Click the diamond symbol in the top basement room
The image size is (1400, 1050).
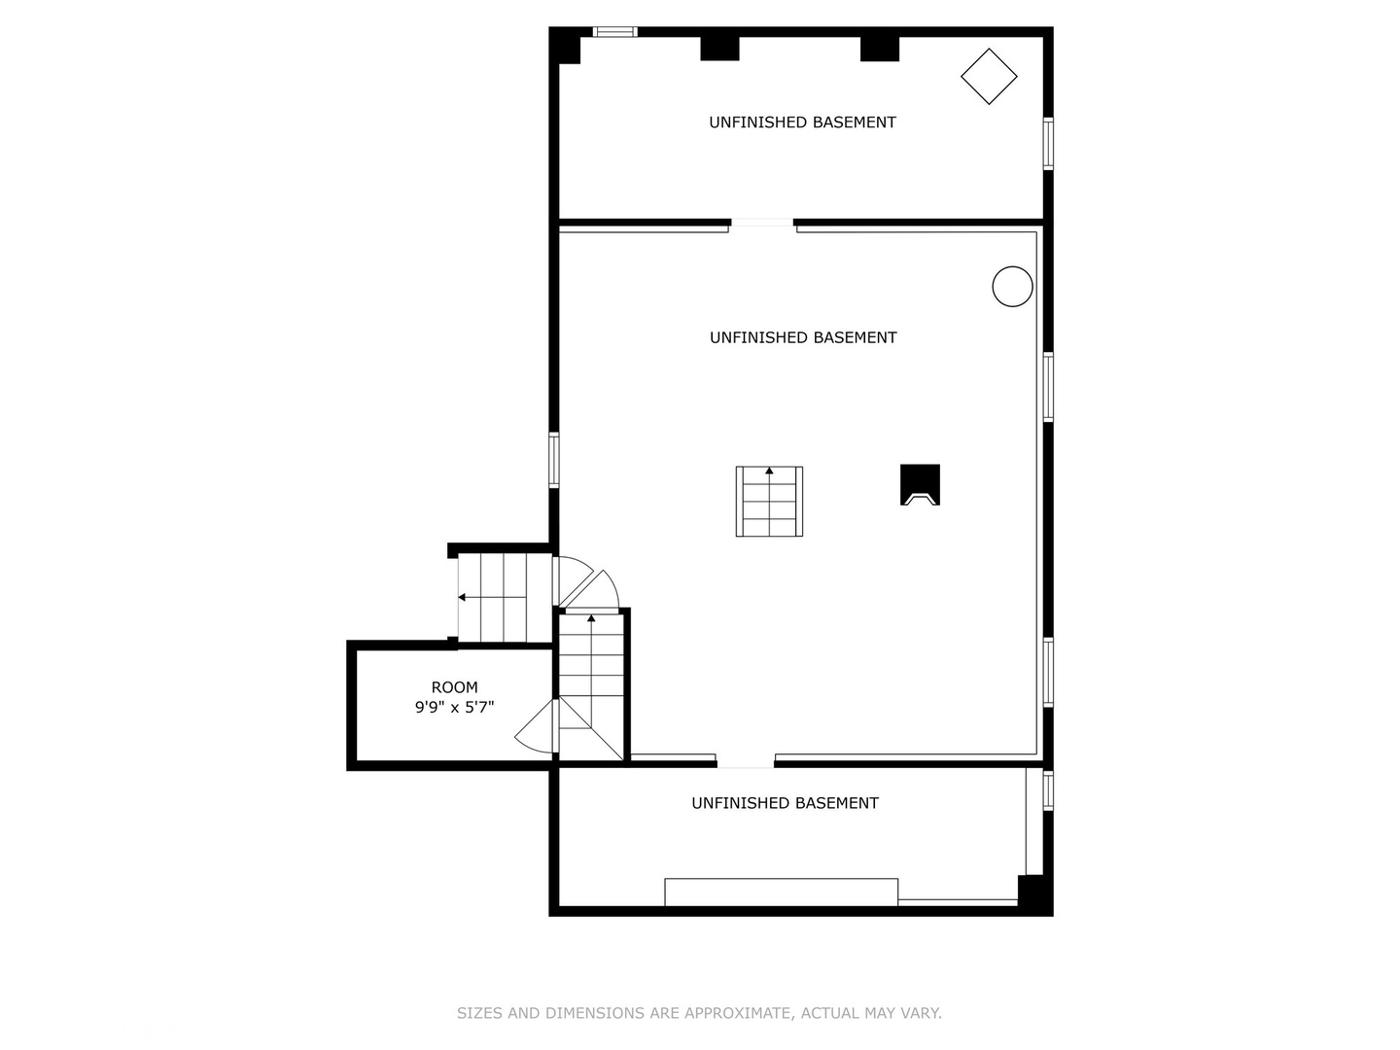coord(989,76)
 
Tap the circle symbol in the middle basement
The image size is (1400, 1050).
coord(1012,287)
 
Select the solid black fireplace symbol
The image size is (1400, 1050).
coord(920,484)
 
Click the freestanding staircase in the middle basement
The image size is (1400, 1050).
coord(769,502)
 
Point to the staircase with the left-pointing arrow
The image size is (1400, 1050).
coord(492,598)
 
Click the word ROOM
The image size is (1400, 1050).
coord(454,687)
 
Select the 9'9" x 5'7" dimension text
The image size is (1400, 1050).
coord(454,708)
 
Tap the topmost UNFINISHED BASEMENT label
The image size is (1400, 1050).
coord(802,122)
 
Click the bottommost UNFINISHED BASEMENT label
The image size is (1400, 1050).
coord(785,803)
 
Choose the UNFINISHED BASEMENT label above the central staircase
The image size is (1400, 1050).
coord(803,337)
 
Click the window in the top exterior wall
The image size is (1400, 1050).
coord(615,32)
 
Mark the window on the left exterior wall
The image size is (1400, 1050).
coord(553,460)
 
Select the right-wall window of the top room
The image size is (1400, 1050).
coord(1048,144)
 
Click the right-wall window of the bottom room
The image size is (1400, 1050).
coord(1048,789)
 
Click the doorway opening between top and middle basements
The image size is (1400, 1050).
coord(762,224)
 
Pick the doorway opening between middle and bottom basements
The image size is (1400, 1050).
coord(746,762)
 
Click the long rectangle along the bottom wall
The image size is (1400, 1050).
coord(781,892)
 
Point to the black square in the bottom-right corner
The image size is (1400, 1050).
coord(1032,892)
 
